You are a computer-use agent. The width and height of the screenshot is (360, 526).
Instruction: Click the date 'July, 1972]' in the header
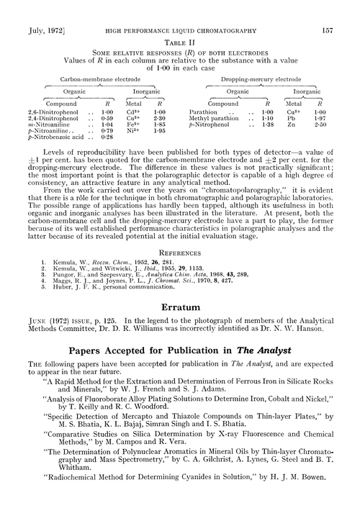[42, 11]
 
